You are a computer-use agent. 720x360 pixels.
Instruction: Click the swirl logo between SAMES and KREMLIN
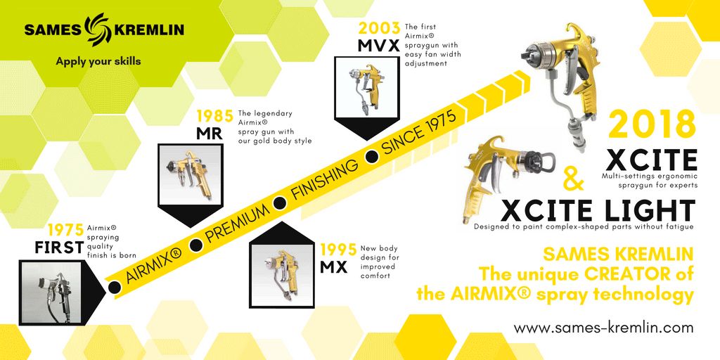pyautogui.click(x=97, y=30)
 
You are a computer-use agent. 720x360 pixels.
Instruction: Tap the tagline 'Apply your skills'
pyautogui.click(x=98, y=61)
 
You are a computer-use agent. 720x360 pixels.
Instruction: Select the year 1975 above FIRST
pyautogui.click(x=66, y=230)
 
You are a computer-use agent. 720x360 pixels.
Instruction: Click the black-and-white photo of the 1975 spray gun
pyautogui.click(x=51, y=292)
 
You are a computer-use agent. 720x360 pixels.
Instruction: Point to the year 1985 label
pyautogui.click(x=215, y=116)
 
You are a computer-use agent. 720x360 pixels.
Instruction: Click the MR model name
pyautogui.click(x=210, y=133)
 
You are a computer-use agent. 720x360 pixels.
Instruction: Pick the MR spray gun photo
pyautogui.click(x=190, y=175)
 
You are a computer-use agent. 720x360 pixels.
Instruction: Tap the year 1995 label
pyautogui.click(x=338, y=250)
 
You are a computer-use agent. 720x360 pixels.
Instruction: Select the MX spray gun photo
pyautogui.click(x=281, y=275)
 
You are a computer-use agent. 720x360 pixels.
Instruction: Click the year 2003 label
pyautogui.click(x=379, y=28)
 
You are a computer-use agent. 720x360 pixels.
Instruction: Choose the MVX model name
pyautogui.click(x=380, y=46)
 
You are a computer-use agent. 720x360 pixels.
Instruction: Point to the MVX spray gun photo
pyautogui.click(x=366, y=87)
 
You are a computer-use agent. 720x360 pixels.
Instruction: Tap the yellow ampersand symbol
pyautogui.click(x=573, y=179)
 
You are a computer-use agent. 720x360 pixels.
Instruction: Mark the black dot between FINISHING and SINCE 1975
pyautogui.click(x=371, y=157)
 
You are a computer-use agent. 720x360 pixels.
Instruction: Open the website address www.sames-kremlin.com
pyautogui.click(x=603, y=328)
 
